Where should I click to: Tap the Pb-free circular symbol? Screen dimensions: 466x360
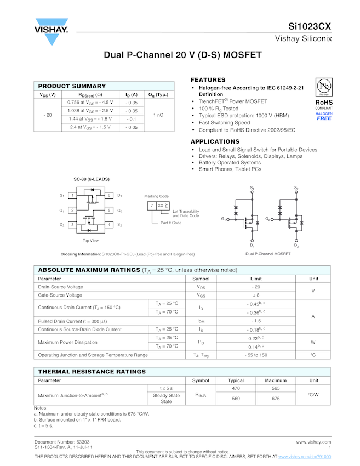[324, 87]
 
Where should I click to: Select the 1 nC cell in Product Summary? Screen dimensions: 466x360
[158, 115]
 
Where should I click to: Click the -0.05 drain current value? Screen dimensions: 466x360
[132, 127]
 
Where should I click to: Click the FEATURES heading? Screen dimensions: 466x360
[208, 80]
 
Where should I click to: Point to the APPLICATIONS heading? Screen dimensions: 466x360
[215, 141]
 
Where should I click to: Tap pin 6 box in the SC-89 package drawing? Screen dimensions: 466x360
[109, 196]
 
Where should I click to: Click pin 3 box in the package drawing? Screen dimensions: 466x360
[72, 225]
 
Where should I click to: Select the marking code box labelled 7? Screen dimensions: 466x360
[151, 206]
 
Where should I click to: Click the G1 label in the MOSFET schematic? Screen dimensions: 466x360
[223, 219]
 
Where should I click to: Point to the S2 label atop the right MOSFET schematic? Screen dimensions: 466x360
[296, 189]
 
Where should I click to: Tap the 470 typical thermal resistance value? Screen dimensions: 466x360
[236, 388]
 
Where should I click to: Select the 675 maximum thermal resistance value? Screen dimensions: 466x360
[276, 399]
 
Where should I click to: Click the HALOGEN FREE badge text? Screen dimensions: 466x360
[324, 116]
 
